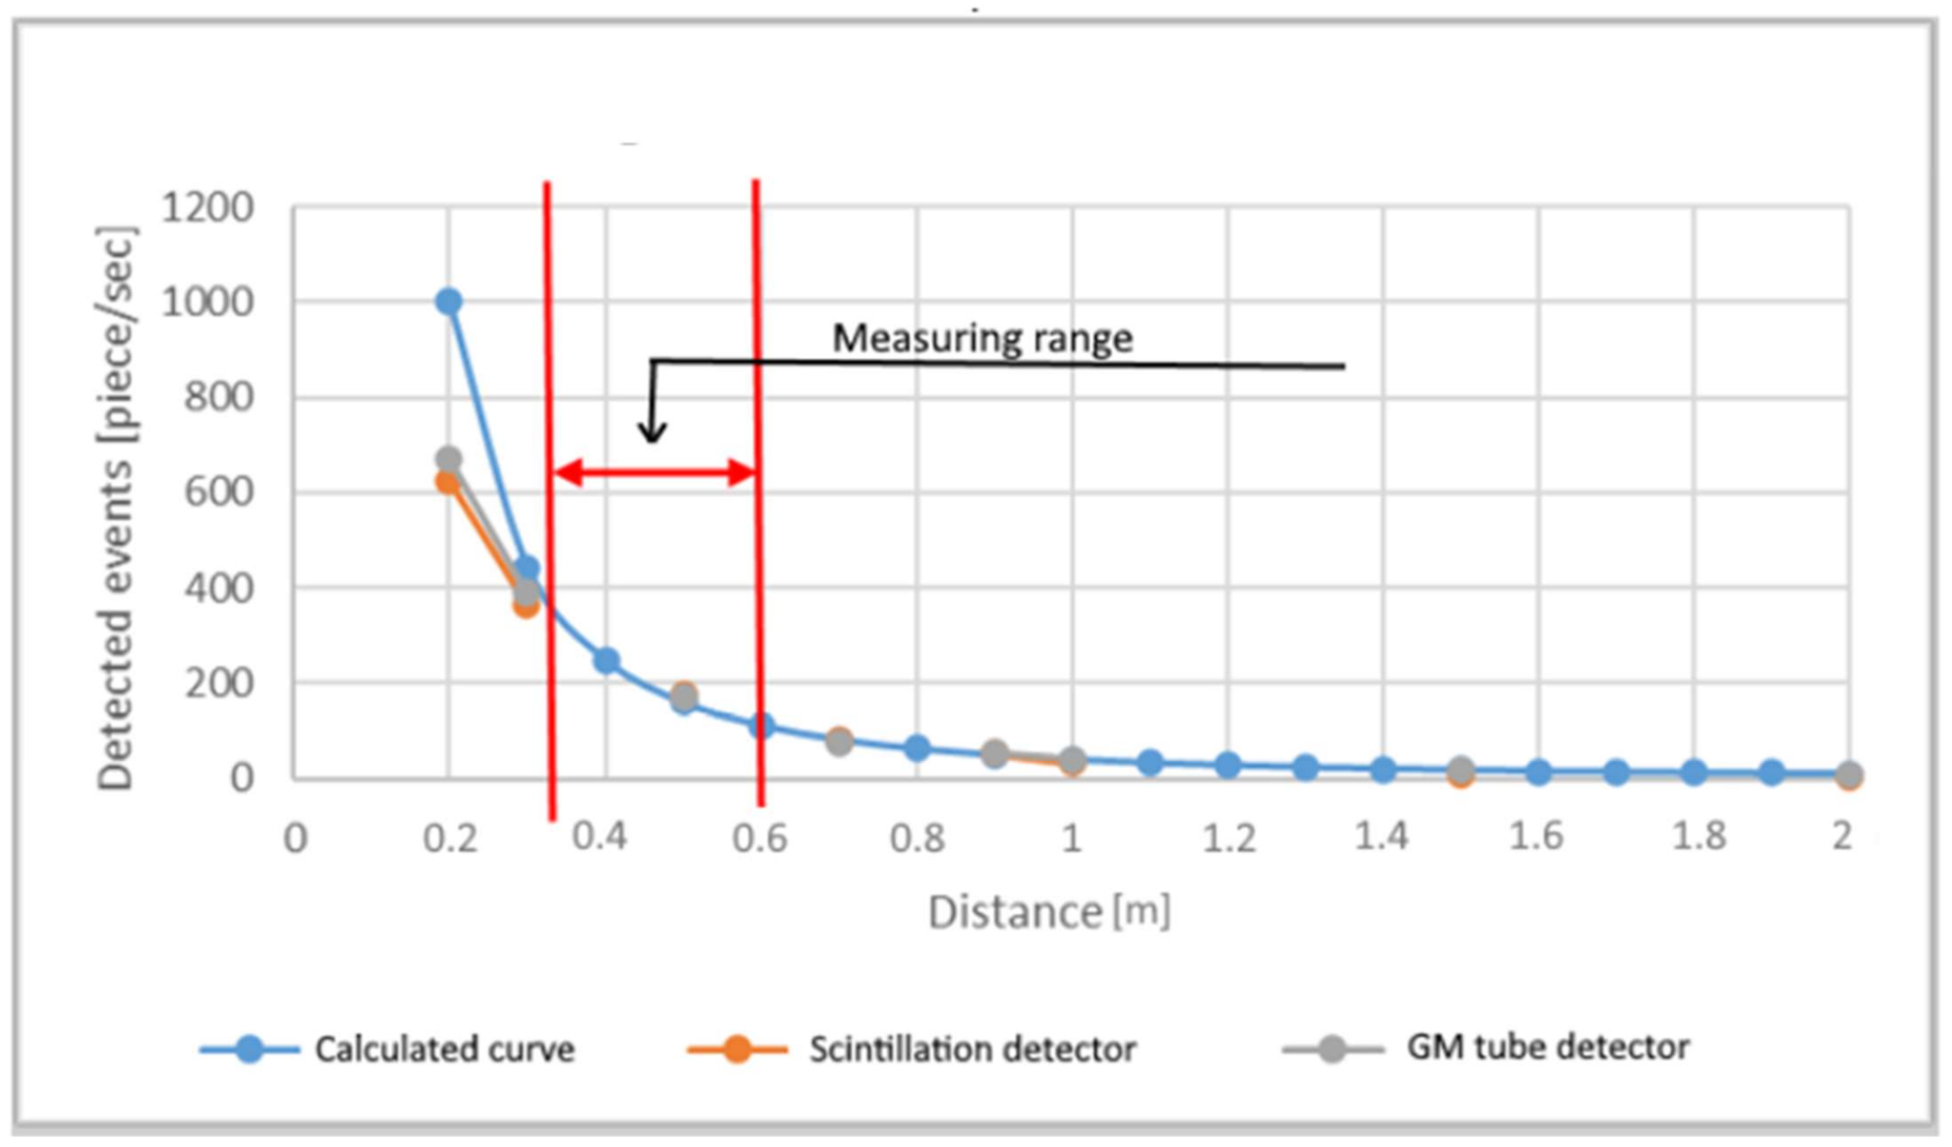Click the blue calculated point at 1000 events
tap(449, 302)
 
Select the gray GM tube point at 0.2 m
tap(449, 459)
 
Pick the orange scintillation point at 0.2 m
tap(448, 483)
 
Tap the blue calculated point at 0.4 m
tap(606, 660)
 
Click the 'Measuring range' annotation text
tap(982, 338)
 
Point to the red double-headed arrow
tap(655, 473)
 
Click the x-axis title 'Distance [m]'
tap(1048, 912)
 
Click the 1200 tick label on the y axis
tap(207, 208)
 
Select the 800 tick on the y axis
tap(218, 397)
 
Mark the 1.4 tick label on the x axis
tap(1381, 836)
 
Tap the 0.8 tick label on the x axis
tap(917, 838)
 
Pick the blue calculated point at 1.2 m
tap(1227, 765)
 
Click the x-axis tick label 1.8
tap(1699, 836)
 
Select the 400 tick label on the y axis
tap(218, 588)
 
